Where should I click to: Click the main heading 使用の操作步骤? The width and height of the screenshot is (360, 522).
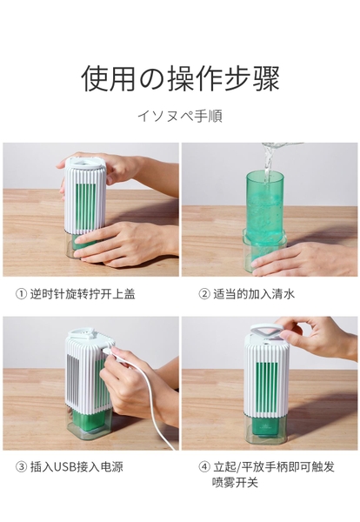tap(180, 78)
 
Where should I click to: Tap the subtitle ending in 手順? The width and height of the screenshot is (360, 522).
tap(180, 116)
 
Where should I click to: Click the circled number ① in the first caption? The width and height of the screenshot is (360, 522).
tap(21, 294)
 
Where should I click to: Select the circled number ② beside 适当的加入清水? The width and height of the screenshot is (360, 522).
tap(204, 294)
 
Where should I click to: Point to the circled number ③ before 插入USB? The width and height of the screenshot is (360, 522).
tap(21, 466)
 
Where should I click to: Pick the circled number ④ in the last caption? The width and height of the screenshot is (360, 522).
tap(204, 466)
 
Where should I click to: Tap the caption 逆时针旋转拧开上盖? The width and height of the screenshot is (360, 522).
tap(83, 294)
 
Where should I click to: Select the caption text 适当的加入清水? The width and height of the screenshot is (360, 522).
tap(254, 294)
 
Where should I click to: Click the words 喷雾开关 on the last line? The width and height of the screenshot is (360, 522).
tap(235, 483)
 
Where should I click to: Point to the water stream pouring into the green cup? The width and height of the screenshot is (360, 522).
tap(268, 164)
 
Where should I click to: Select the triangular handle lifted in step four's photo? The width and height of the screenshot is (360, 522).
tap(266, 330)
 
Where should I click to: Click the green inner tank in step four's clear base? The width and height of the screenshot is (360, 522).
tap(265, 428)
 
